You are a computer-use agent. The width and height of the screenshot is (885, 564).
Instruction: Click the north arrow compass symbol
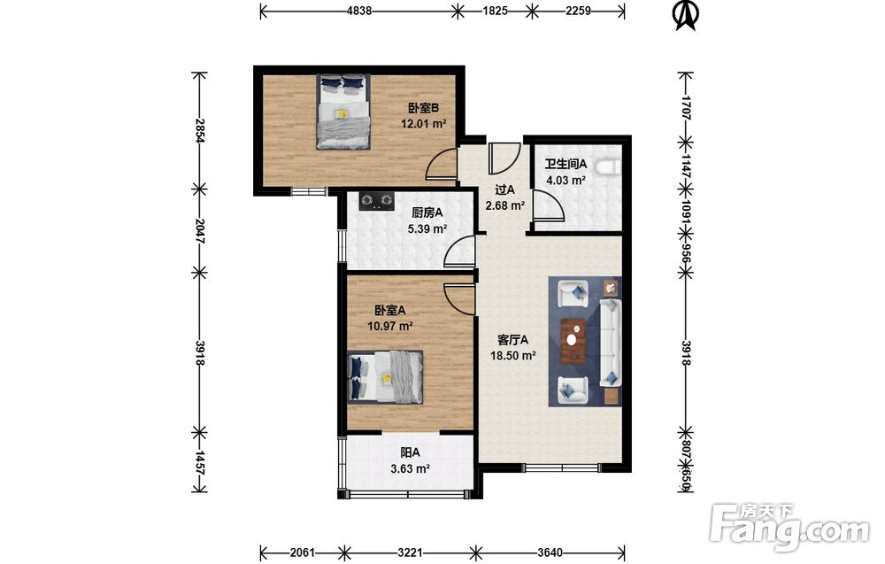click(687, 15)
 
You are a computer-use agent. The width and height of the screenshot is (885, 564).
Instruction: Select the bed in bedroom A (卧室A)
click(386, 376)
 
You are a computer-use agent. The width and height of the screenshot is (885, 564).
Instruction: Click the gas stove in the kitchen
click(376, 201)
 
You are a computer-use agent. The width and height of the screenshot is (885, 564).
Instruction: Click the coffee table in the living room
click(573, 340)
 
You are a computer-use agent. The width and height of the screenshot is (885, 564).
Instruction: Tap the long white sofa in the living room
click(610, 343)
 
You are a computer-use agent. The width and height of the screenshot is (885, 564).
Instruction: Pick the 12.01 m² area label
click(424, 124)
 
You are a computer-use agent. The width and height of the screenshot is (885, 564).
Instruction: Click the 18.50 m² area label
click(512, 356)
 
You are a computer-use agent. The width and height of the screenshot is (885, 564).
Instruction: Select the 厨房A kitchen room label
click(427, 212)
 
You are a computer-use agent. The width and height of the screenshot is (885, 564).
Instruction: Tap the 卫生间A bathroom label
click(566, 165)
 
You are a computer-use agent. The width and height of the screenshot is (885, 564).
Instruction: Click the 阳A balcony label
click(411, 452)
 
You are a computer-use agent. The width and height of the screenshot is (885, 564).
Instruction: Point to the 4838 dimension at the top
click(358, 11)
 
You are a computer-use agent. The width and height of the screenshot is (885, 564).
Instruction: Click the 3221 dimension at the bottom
click(410, 552)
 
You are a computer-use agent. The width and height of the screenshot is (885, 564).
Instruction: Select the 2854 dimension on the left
click(198, 130)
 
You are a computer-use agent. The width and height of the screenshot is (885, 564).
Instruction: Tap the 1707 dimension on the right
click(686, 107)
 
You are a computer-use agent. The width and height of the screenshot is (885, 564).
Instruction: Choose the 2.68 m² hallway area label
click(505, 206)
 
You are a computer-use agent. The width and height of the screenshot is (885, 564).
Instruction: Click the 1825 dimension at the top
click(495, 11)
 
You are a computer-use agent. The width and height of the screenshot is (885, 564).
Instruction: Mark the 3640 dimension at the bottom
click(550, 552)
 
